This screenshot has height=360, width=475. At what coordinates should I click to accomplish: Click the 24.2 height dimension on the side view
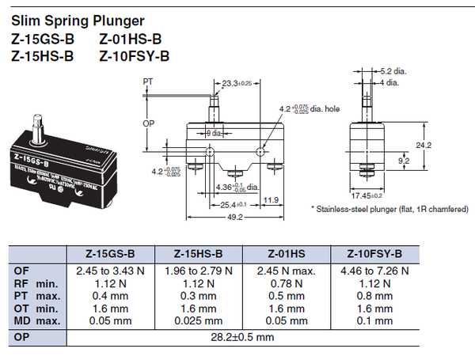445,145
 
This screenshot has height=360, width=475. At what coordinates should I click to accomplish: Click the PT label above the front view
148,81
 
